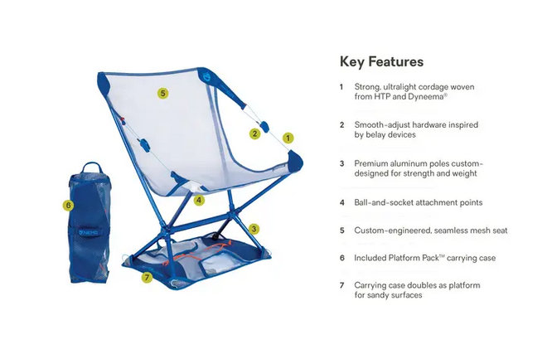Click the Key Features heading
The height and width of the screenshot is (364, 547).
[381, 62]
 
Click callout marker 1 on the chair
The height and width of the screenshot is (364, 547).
[288, 138]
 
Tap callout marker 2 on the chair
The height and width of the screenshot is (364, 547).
[254, 133]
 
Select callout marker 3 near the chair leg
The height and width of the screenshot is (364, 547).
[254, 228]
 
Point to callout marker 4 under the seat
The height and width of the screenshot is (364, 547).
[199, 200]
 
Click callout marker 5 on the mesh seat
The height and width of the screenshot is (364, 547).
[162, 94]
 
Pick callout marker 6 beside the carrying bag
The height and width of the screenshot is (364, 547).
[68, 204]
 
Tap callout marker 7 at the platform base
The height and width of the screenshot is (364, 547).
[147, 277]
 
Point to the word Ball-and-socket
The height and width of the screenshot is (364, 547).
[384, 201]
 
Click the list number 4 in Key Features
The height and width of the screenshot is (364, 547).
[341, 201]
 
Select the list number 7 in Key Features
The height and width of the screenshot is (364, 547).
[341, 285]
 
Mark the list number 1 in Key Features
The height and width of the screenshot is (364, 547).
[341, 86]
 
